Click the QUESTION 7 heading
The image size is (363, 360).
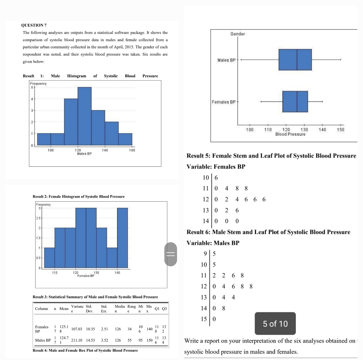tap(35, 25)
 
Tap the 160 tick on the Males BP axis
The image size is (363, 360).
tap(132, 151)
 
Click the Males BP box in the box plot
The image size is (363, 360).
tap(295, 60)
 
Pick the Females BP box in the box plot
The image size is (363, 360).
tap(295, 102)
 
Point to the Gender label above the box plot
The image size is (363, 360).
tap(238, 34)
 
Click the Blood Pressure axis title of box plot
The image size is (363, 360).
tap(290, 134)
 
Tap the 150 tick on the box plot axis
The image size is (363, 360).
tap(340, 129)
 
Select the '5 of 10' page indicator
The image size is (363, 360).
tap(275, 324)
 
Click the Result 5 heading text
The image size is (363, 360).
tap(271, 156)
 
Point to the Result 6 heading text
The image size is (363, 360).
tap(268, 232)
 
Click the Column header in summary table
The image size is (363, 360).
tap(42, 308)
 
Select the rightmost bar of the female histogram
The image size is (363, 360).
tap(122, 238)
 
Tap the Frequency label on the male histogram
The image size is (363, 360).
tap(38, 83)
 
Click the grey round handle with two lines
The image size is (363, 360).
tap(171, 254)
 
